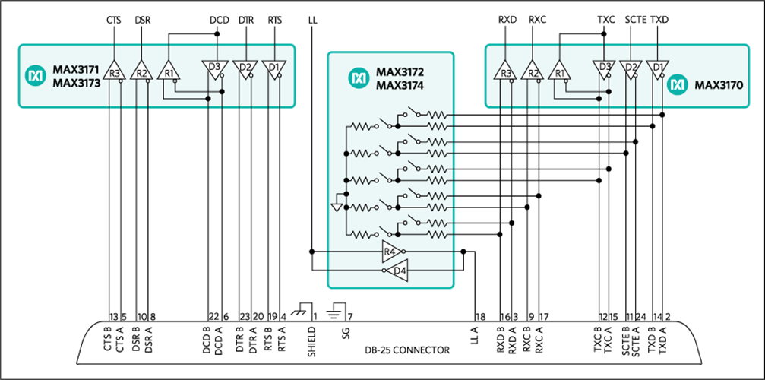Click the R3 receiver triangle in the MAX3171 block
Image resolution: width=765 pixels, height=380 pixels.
click(115, 71)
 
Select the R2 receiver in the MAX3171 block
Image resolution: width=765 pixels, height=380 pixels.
click(141, 71)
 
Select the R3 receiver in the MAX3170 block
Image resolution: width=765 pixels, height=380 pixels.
click(505, 71)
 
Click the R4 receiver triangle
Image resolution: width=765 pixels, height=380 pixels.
click(390, 251)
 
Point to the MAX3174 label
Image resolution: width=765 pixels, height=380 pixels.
click(401, 86)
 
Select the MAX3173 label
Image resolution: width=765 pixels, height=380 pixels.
click(77, 84)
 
